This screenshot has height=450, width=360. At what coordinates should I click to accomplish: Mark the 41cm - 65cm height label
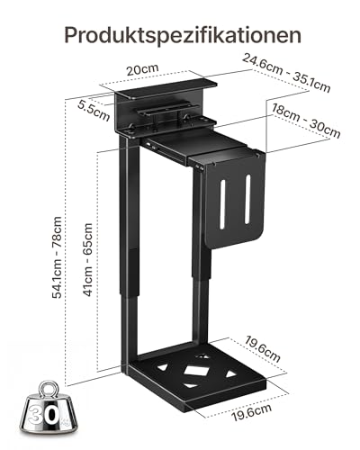point(87,257)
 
